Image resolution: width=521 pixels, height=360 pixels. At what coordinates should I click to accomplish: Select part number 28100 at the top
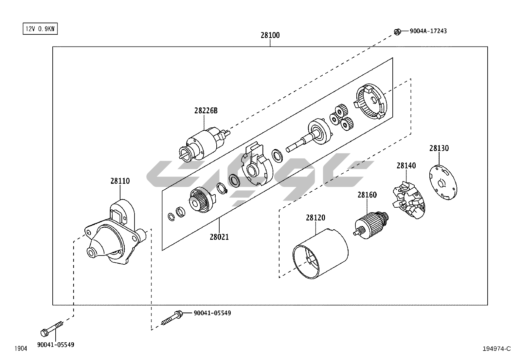[270, 35]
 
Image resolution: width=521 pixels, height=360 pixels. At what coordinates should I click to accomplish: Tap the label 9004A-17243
[428, 31]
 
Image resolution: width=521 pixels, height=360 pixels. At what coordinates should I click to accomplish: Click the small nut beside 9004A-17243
[397, 32]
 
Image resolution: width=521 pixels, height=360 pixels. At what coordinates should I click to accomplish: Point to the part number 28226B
[206, 110]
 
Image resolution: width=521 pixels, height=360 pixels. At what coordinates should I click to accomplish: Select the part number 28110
[120, 181]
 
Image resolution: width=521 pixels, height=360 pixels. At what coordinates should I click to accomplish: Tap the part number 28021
[219, 237]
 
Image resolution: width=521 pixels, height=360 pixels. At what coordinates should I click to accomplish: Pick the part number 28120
[315, 218]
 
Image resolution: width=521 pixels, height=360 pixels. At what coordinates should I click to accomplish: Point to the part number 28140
[406, 165]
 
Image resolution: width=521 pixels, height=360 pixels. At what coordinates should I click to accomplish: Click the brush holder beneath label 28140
[408, 201]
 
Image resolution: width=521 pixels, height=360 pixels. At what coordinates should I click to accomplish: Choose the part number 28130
[439, 148]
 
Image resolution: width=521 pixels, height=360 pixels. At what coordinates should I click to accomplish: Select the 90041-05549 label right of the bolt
[212, 313]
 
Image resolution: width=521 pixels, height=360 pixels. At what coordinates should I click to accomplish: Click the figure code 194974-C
[496, 349]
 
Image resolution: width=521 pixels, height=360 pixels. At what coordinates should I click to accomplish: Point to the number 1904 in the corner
[21, 349]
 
